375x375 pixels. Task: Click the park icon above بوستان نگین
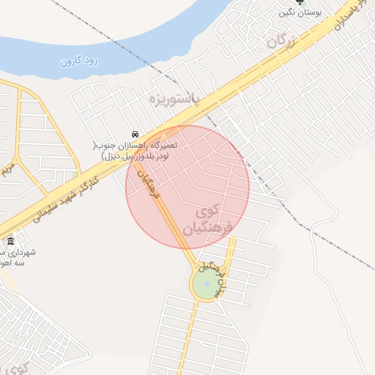coord(298,2)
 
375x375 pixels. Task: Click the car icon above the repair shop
coord(135,135)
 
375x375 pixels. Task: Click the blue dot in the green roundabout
coord(207,283)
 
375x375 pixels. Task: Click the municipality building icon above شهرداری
coord(10,242)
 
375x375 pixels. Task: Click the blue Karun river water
coord(146,29)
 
